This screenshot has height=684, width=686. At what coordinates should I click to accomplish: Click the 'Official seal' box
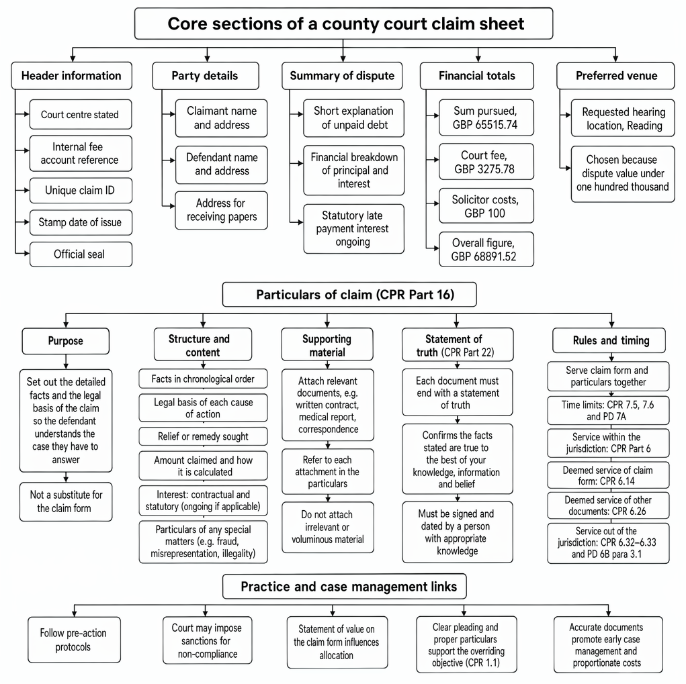[x=81, y=254]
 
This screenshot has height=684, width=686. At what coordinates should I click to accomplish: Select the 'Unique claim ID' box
[x=81, y=191]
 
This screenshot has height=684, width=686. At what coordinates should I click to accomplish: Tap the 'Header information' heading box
[x=72, y=76]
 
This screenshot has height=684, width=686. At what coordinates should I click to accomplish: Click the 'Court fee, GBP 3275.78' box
[x=486, y=162]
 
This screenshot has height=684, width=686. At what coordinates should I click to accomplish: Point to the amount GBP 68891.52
[x=484, y=256]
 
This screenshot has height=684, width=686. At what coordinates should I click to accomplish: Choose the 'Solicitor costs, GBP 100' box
[x=486, y=206]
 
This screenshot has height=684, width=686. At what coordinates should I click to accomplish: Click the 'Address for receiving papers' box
[x=221, y=210]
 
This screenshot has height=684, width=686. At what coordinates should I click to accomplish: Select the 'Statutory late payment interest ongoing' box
[x=354, y=229]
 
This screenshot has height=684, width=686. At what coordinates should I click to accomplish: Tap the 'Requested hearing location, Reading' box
[x=623, y=118]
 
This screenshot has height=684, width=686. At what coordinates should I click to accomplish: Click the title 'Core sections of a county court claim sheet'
[x=344, y=23]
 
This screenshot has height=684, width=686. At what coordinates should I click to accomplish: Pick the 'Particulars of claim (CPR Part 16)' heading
[x=349, y=295]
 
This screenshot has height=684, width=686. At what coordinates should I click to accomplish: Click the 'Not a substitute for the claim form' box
[x=66, y=501]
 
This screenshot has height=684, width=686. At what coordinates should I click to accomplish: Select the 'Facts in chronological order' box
[x=203, y=379]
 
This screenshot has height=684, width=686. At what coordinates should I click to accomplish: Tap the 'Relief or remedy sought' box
[x=203, y=436]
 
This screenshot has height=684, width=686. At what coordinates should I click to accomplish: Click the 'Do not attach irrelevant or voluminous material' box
[x=328, y=527]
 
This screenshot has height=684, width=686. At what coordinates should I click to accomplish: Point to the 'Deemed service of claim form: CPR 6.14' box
[x=608, y=475]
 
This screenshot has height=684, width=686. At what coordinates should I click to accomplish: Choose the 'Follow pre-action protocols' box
[x=74, y=640]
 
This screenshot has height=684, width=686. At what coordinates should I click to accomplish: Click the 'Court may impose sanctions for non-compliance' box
[x=208, y=640]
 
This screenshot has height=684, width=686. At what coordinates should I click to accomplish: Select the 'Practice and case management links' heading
[x=345, y=587]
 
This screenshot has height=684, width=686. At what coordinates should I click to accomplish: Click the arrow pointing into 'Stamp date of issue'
[x=22, y=222]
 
